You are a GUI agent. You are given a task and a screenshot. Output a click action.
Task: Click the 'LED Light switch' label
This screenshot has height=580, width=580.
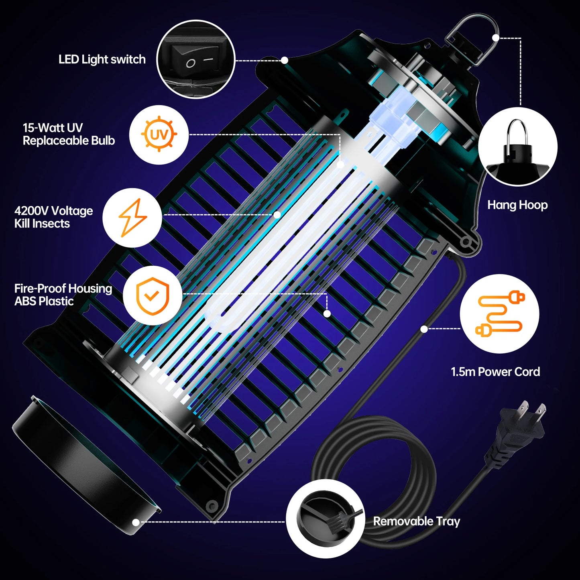(102, 59)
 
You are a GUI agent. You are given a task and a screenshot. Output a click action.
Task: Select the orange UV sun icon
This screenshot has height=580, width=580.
(159, 134)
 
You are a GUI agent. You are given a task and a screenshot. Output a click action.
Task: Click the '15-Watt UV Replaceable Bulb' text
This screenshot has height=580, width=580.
(69, 134)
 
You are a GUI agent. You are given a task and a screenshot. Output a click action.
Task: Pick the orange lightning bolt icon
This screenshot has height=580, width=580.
(132, 218)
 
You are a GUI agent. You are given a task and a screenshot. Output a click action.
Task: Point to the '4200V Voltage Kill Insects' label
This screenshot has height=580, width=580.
(53, 217)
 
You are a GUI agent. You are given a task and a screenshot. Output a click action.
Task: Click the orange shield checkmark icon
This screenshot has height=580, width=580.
(153, 295)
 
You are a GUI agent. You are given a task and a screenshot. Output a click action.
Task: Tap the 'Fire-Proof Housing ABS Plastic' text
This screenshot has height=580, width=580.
(63, 295)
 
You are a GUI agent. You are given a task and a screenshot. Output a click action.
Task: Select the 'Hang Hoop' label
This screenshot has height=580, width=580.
(517, 205)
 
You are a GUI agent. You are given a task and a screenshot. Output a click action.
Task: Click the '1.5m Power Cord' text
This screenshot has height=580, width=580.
(495, 372)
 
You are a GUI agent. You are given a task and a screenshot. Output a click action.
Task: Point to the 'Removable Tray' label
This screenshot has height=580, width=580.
(416, 521)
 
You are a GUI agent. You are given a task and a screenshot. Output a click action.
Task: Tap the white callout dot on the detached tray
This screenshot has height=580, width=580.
(136, 522)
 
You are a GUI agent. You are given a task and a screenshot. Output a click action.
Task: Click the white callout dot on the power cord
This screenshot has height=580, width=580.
(424, 329)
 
